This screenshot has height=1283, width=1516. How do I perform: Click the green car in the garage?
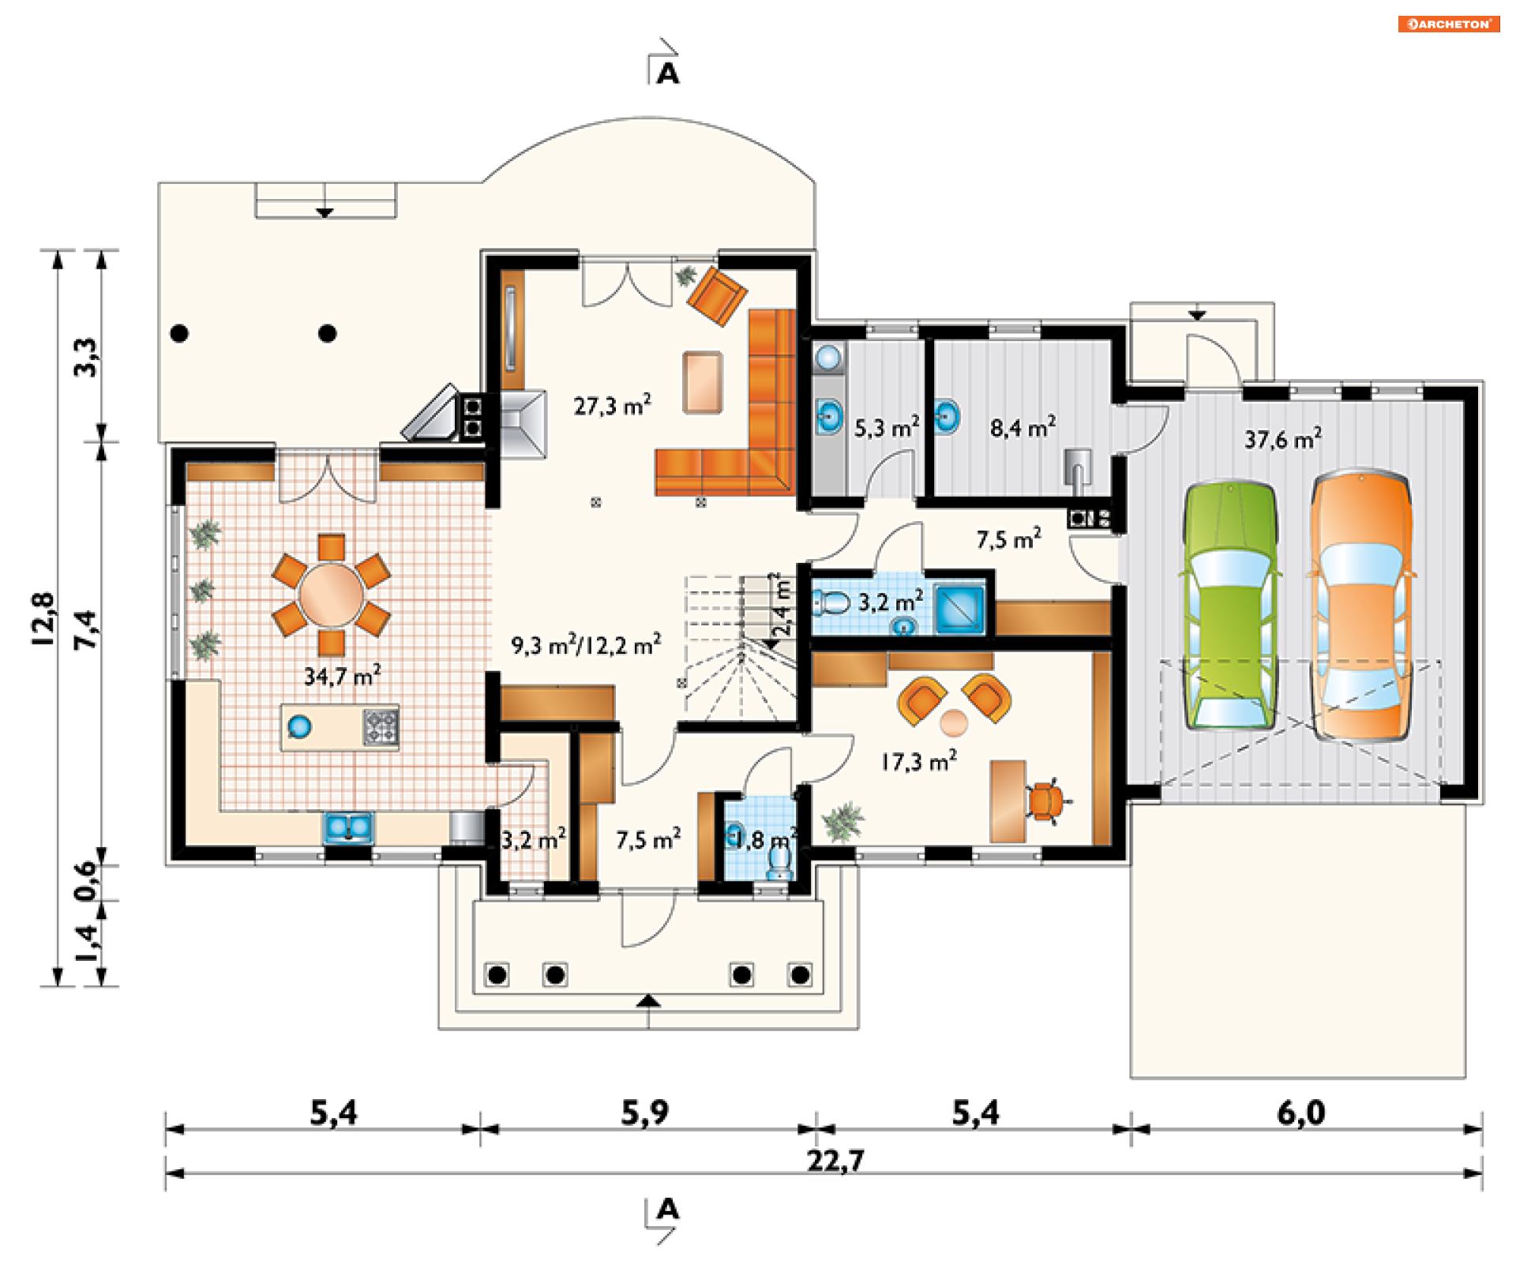point(1230,604)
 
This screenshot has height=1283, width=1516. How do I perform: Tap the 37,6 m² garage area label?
point(1283,439)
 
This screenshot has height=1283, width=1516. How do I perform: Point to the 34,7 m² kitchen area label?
point(343,675)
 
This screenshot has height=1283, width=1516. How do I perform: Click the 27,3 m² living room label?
point(612,405)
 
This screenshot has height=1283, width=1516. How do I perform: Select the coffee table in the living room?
point(703,382)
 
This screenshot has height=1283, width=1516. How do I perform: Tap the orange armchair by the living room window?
point(717,295)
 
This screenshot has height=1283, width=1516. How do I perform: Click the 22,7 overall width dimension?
point(835,1161)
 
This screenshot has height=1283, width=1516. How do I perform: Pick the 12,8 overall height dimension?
point(44,620)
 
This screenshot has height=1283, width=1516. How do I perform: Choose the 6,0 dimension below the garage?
point(1301,1112)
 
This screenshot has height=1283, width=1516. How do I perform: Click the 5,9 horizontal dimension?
point(644,1112)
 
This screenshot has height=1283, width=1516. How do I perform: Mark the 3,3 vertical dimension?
point(86,357)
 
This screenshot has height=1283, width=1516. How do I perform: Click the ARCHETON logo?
point(1449,24)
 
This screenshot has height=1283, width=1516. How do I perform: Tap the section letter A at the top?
point(668,74)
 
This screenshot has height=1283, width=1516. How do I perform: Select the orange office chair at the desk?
point(1046,801)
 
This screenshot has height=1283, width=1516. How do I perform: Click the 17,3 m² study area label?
point(919,761)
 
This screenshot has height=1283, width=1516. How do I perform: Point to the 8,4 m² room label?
point(1023,428)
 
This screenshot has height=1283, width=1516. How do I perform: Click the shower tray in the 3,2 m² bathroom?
point(959,608)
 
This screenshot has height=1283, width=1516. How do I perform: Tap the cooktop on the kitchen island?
point(380,727)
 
